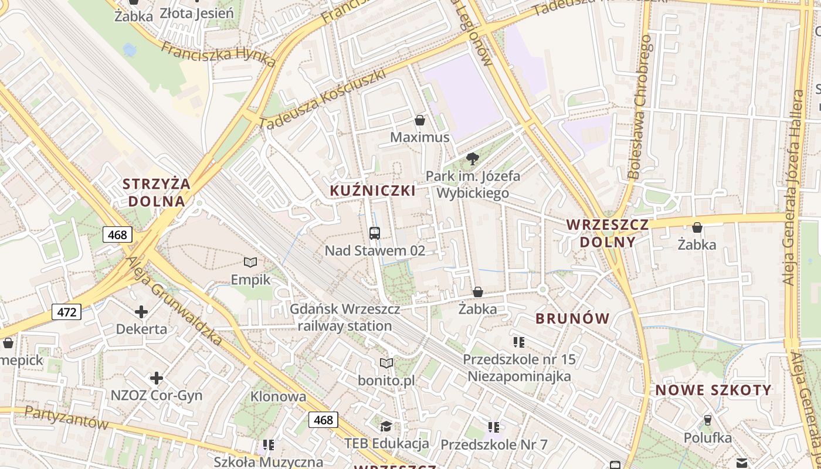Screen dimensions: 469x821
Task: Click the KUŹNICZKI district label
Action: (373, 191)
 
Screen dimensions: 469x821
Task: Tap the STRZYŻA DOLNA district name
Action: (157, 192)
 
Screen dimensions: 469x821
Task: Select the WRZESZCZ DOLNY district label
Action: (608, 233)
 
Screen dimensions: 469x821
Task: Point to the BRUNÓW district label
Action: (573, 318)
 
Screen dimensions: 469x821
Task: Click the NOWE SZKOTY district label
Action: (713, 390)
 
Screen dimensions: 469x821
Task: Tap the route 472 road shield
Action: (67, 312)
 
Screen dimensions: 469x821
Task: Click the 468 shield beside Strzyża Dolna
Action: (117, 235)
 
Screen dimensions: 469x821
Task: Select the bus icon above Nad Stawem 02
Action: (375, 233)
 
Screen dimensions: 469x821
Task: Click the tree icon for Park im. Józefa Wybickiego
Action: (472, 158)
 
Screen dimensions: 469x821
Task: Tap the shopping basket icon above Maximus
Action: (420, 120)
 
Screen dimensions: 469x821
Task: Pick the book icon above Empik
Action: (250, 262)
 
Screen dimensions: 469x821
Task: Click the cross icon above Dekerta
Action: (141, 312)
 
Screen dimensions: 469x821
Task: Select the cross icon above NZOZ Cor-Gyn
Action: (157, 378)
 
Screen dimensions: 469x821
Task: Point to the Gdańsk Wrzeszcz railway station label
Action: (345, 317)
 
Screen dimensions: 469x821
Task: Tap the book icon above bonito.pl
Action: (386, 363)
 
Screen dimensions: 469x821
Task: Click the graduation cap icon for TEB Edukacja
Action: (386, 426)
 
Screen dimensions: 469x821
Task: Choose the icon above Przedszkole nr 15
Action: (518, 342)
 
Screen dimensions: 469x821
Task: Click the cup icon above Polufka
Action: (707, 420)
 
